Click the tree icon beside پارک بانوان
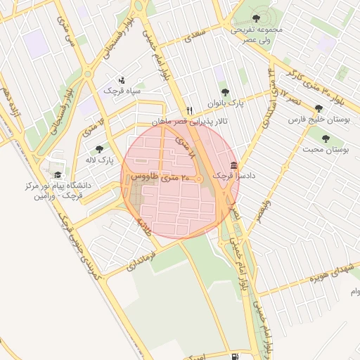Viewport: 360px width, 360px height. coord(225,92)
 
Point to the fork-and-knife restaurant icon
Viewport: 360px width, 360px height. coord(189,111)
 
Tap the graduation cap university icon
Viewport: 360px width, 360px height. coord(58,175)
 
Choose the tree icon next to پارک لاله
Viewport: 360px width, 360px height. coord(99,149)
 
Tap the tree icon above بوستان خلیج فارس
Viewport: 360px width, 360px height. coord(319,108)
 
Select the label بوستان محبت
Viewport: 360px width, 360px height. coord(326,150)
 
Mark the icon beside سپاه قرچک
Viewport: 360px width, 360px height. coord(123,80)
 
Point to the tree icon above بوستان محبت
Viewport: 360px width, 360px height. coord(328,139)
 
